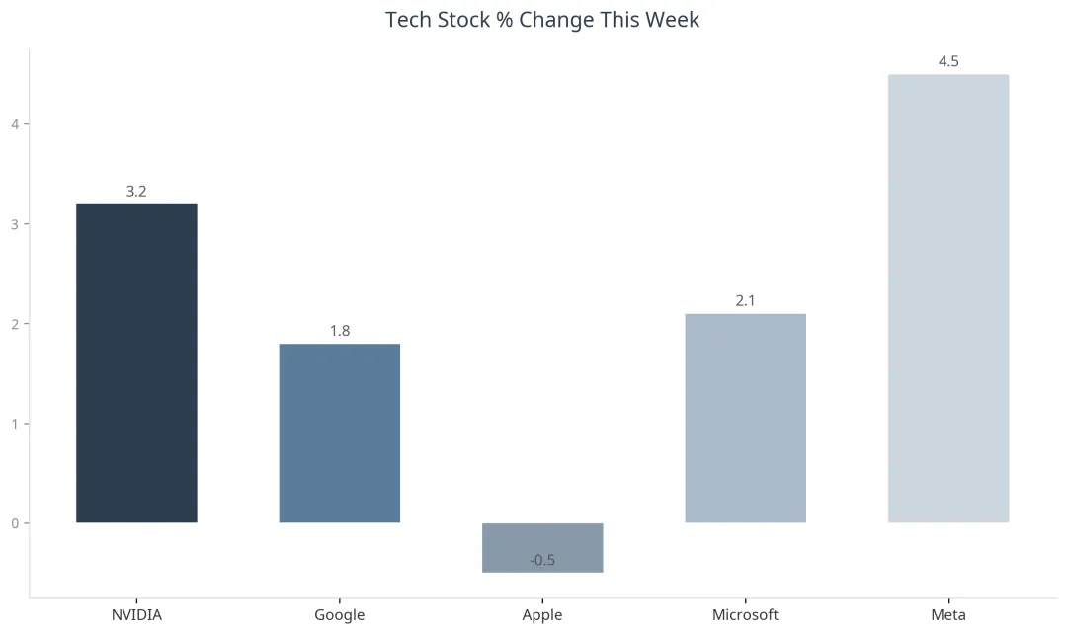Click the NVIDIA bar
click(136, 363)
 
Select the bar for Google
click(340, 434)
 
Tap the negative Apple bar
click(542, 548)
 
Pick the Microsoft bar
click(745, 419)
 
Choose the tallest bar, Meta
click(948, 298)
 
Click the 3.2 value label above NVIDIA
click(136, 192)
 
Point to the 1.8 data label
click(340, 331)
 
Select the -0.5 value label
click(542, 561)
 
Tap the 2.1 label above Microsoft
click(745, 300)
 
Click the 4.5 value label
click(948, 61)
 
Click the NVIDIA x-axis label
click(136, 615)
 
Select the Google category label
click(340, 615)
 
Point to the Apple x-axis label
click(542, 615)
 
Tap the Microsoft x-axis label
click(745, 615)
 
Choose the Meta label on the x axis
click(948, 615)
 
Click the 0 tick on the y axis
click(15, 523)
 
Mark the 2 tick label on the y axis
click(15, 324)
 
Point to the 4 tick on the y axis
click(15, 124)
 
